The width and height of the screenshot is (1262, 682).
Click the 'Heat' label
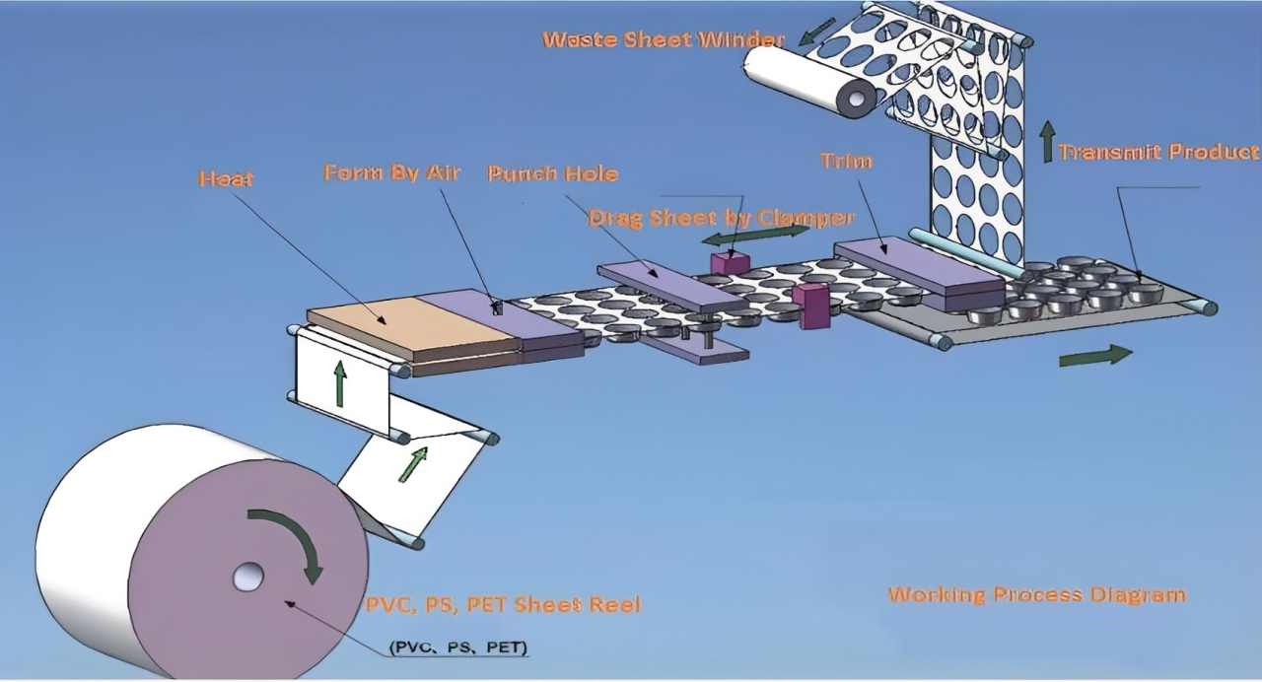(226, 179)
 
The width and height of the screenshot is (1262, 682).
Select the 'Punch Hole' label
(553, 174)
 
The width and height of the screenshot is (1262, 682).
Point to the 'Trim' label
(846, 161)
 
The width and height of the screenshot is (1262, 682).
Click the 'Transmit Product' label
(1158, 152)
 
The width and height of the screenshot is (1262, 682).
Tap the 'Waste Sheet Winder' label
(664, 40)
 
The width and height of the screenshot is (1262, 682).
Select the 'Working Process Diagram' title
(1037, 594)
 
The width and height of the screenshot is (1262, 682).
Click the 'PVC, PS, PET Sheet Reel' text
(503, 604)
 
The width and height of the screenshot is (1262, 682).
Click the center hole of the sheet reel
(247, 577)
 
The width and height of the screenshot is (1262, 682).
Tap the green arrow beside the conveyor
(1094, 356)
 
